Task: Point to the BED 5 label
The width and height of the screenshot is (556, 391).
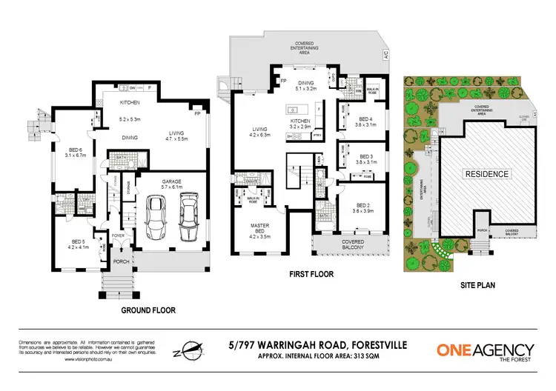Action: coord(79,241)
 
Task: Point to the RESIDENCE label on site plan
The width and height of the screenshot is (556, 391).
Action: coord(487,174)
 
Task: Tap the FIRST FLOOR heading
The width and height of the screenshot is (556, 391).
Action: coord(311,274)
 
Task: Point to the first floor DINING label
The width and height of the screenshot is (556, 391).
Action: coord(305,83)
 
